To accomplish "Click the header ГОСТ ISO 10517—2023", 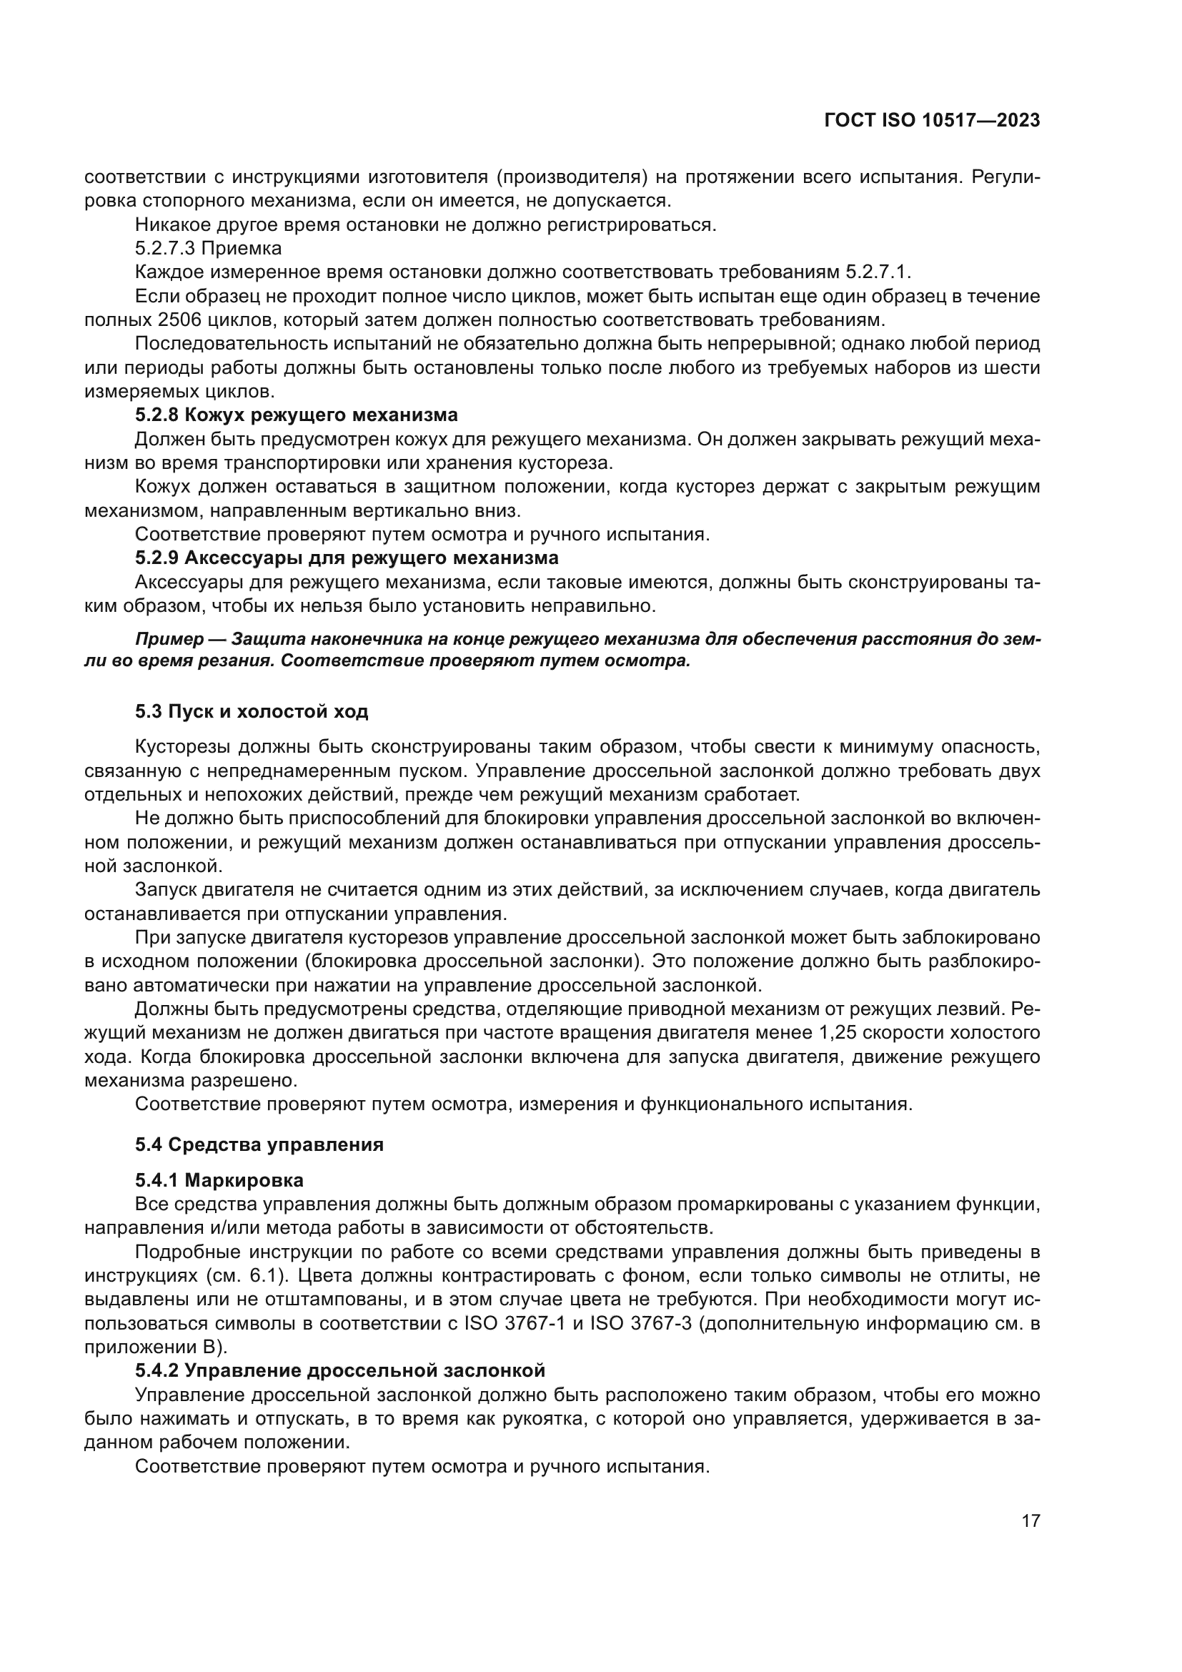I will click(932, 121).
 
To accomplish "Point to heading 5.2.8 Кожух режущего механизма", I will click(297, 415).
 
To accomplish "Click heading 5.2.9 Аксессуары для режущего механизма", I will click(347, 558).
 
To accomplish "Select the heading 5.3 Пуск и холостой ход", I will click(251, 711).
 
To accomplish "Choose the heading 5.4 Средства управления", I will click(259, 1144).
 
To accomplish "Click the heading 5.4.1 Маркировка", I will click(219, 1179).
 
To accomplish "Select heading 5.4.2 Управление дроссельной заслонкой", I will click(340, 1370).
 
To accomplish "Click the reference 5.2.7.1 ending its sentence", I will click(876, 272).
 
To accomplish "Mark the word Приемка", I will click(241, 248).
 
